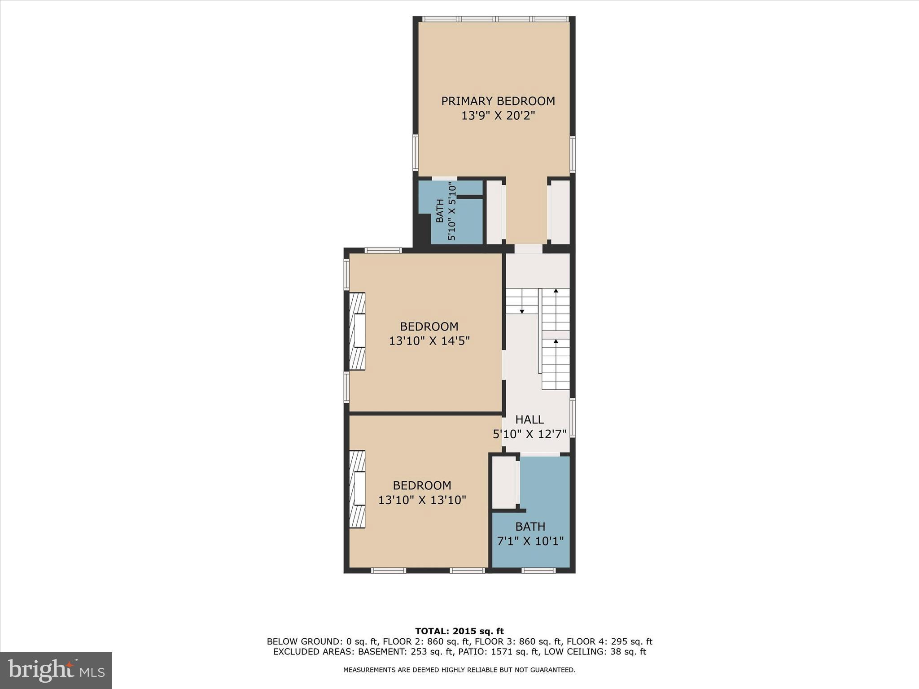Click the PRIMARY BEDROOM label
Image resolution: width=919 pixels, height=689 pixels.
[498, 101]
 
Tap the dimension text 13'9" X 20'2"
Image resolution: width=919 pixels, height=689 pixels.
[498, 116]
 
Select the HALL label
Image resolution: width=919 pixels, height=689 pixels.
[530, 419]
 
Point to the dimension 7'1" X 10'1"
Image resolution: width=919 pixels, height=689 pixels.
[530, 541]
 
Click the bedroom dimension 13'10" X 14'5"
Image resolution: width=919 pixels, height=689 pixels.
[429, 341]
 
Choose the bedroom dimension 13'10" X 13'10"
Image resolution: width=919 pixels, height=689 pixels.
[422, 500]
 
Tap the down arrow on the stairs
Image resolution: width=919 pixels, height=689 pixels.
[522, 310]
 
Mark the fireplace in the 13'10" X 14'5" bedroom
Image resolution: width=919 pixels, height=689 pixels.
[357, 331]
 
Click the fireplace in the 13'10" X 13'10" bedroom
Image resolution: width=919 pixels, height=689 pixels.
[357, 489]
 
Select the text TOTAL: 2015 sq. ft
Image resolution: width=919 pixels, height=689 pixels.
[459, 631]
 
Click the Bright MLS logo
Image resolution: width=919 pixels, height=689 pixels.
[56, 670]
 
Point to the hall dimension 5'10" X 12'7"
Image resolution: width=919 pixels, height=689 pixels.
[530, 434]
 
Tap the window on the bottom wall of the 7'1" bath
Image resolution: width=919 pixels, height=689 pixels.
[538, 571]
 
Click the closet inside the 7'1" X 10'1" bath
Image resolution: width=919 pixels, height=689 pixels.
[504, 482]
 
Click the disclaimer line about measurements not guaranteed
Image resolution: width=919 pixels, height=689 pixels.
[459, 670]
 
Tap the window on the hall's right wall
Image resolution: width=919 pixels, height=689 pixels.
[573, 418]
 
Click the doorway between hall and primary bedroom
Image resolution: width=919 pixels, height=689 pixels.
[528, 249]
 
